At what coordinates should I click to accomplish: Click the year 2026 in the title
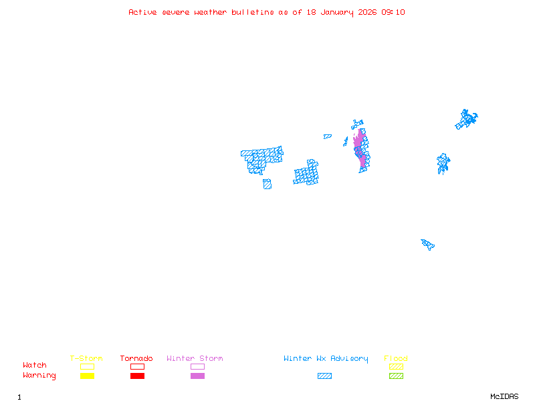[x=367, y=12]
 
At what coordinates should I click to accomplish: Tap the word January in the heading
[x=337, y=13]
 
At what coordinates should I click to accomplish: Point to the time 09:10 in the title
[x=393, y=12]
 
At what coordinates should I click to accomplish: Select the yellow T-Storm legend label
[x=86, y=358]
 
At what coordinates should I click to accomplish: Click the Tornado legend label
[x=136, y=358]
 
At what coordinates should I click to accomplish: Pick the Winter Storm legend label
[x=195, y=358]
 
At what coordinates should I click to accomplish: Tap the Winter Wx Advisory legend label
[x=326, y=359]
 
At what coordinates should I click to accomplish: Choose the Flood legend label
[x=396, y=358]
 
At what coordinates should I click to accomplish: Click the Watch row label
[x=35, y=365]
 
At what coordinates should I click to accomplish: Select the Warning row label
[x=39, y=376]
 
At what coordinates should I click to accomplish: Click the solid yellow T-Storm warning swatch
[x=88, y=376]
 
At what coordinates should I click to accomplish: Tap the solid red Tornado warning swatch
[x=138, y=376]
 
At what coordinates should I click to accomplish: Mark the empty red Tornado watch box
[x=138, y=364]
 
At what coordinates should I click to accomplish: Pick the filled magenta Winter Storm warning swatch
[x=197, y=376]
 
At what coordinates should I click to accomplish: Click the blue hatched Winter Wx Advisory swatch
[x=324, y=376]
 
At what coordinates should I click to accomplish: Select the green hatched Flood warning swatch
[x=396, y=376]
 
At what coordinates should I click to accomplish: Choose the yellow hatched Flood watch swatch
[x=396, y=366]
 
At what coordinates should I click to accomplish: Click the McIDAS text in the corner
[x=504, y=396]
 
